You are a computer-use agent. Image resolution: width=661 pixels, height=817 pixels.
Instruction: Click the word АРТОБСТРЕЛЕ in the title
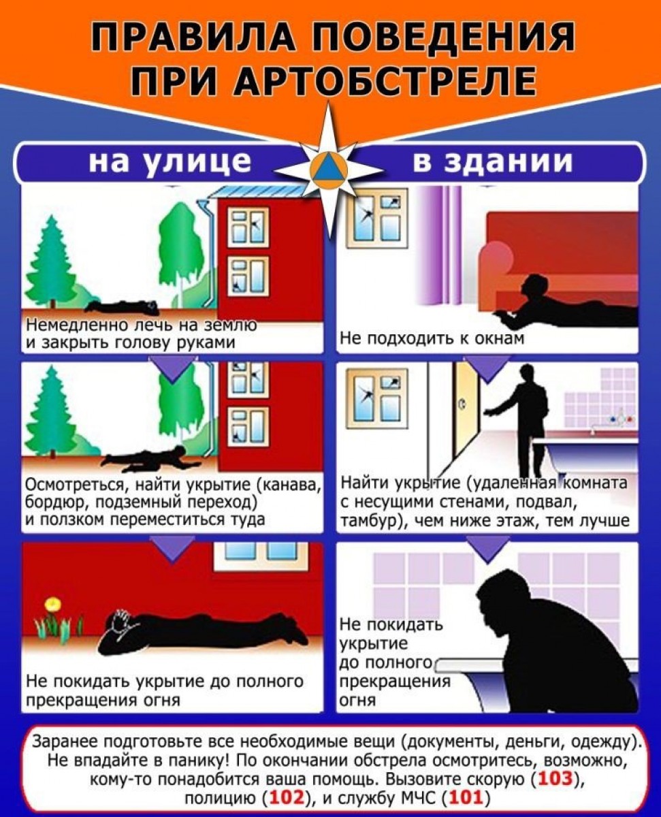(x=384, y=81)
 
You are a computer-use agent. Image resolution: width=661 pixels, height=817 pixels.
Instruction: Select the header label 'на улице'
(x=170, y=162)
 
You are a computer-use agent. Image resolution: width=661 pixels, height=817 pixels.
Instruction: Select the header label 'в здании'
(x=493, y=161)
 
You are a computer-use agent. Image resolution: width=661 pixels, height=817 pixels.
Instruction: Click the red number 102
(x=287, y=798)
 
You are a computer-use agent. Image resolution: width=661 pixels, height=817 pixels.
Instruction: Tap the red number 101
(x=465, y=798)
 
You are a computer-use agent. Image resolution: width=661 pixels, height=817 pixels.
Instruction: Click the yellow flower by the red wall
(x=52, y=605)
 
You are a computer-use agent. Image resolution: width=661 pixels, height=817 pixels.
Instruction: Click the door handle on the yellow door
(x=463, y=404)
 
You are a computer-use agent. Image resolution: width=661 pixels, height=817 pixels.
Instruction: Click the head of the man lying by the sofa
(x=534, y=285)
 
